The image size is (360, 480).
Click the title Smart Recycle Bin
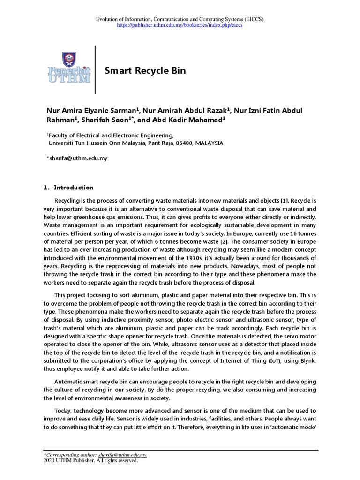[145, 71]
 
